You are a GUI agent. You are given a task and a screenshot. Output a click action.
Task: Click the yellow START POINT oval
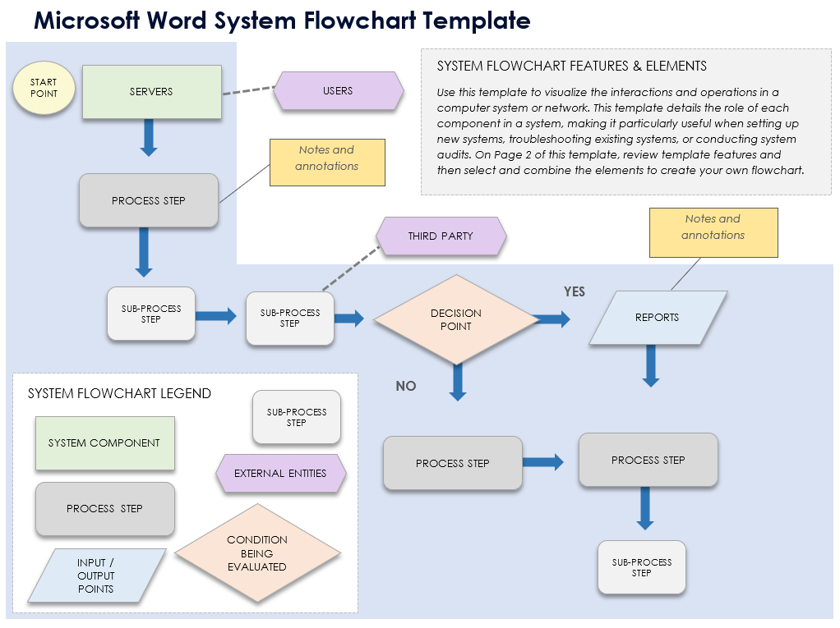coord(44,88)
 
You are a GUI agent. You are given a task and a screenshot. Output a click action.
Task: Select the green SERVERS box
coord(152,92)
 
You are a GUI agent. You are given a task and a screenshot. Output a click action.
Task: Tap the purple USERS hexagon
coord(338,91)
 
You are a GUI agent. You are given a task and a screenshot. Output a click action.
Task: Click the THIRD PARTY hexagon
coord(441,236)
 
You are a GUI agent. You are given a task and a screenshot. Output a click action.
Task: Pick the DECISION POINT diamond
coord(455,319)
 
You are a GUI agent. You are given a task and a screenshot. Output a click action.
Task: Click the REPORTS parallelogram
coord(658,318)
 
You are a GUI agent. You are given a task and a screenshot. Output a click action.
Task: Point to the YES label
coord(574,291)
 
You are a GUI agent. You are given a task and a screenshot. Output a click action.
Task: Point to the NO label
coord(406,386)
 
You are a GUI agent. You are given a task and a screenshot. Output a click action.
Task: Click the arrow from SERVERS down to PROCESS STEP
coord(148,137)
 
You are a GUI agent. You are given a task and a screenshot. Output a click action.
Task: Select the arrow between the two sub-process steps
coord(216,316)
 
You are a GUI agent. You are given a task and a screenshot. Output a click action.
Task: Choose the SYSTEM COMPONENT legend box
coord(104,443)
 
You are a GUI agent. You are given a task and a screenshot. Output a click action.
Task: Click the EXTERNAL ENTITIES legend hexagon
coord(280,474)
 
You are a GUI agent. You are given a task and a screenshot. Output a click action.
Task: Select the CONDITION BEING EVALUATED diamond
coord(257,552)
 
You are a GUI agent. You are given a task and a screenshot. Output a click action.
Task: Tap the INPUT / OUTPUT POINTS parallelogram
coord(95,575)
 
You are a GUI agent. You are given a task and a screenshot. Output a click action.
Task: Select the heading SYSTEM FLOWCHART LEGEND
coord(119,394)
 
